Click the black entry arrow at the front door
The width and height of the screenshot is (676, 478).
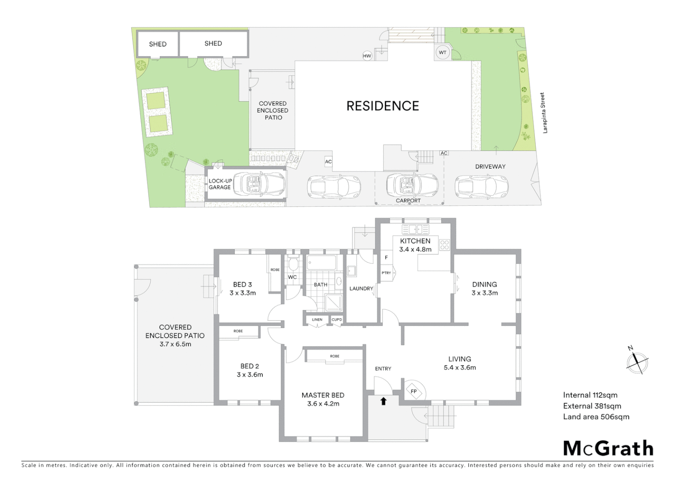383,401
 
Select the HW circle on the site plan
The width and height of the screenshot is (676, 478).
367,56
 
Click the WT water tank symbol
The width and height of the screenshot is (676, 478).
442,52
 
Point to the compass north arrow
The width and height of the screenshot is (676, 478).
637,362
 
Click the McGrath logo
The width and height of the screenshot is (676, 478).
608,448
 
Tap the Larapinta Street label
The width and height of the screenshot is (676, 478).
545,113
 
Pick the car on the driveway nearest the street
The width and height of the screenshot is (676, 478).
481,185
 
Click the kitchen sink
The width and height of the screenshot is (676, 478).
415,229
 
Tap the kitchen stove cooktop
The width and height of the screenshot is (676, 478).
444,245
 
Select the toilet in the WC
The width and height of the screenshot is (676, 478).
292,265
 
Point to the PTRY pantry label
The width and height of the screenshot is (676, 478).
386,273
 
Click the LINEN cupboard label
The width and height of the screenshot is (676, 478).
317,320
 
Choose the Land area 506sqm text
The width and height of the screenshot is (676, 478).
596,416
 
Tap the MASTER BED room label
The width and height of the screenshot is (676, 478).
323,395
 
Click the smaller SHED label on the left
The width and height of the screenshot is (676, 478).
157,44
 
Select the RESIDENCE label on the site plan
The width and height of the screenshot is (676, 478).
383,106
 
